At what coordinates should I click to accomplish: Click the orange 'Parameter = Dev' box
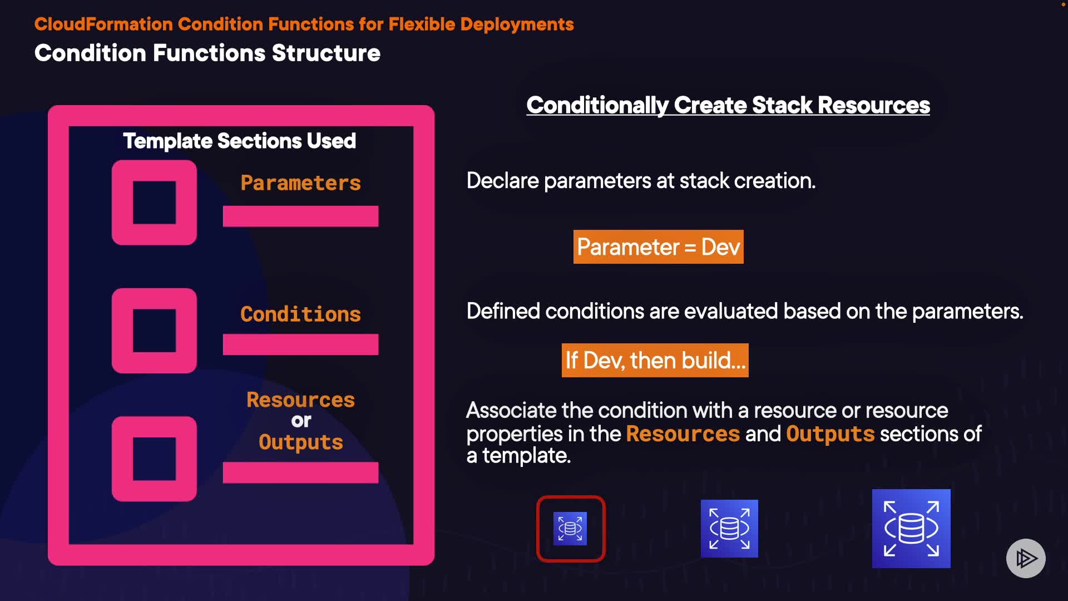[x=658, y=247]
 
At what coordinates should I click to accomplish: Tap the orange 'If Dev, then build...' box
[x=655, y=361]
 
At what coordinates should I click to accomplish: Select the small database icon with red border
[x=570, y=529]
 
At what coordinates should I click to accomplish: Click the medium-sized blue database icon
[x=729, y=529]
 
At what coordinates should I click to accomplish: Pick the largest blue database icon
[x=911, y=529]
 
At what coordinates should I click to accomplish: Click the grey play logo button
[x=1026, y=558]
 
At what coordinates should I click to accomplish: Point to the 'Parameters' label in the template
[x=300, y=183]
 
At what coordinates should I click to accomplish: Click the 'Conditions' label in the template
[x=300, y=314]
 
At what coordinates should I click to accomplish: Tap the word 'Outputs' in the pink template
[x=301, y=442]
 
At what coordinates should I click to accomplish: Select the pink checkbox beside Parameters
[x=154, y=203]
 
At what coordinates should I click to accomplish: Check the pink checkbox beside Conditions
[x=154, y=331]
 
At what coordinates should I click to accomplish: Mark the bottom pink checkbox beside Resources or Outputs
[x=154, y=459]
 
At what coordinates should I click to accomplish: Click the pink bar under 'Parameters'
[x=300, y=216]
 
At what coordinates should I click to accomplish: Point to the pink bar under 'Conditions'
[x=300, y=344]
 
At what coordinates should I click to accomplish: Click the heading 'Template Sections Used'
[x=239, y=141]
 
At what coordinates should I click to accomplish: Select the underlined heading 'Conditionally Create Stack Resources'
[x=728, y=105]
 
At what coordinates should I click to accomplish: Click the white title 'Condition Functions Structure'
[x=207, y=53]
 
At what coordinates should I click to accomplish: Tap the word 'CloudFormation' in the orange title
[x=103, y=24]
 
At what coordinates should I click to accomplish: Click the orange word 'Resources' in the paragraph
[x=683, y=434]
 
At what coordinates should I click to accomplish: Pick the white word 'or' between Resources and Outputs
[x=301, y=421]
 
